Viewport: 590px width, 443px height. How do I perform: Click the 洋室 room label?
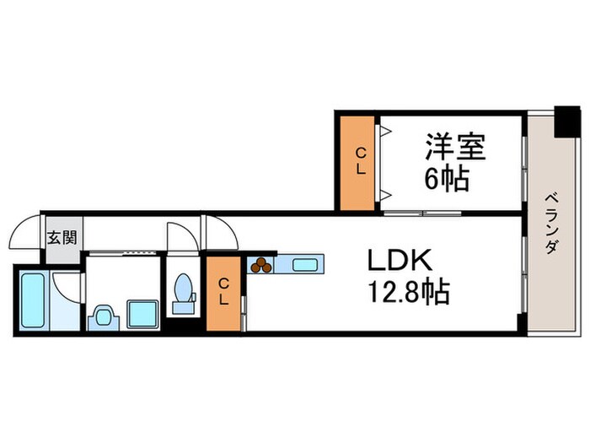point(454,147)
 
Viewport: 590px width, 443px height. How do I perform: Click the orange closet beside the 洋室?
point(359,161)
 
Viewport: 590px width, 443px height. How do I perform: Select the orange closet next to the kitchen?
point(224,292)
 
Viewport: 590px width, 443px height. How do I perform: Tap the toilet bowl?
point(181,289)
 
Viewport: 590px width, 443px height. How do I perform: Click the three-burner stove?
point(261,265)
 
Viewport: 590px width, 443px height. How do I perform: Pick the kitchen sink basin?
point(303,265)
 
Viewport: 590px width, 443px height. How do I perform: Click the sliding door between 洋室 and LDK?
point(421,212)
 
